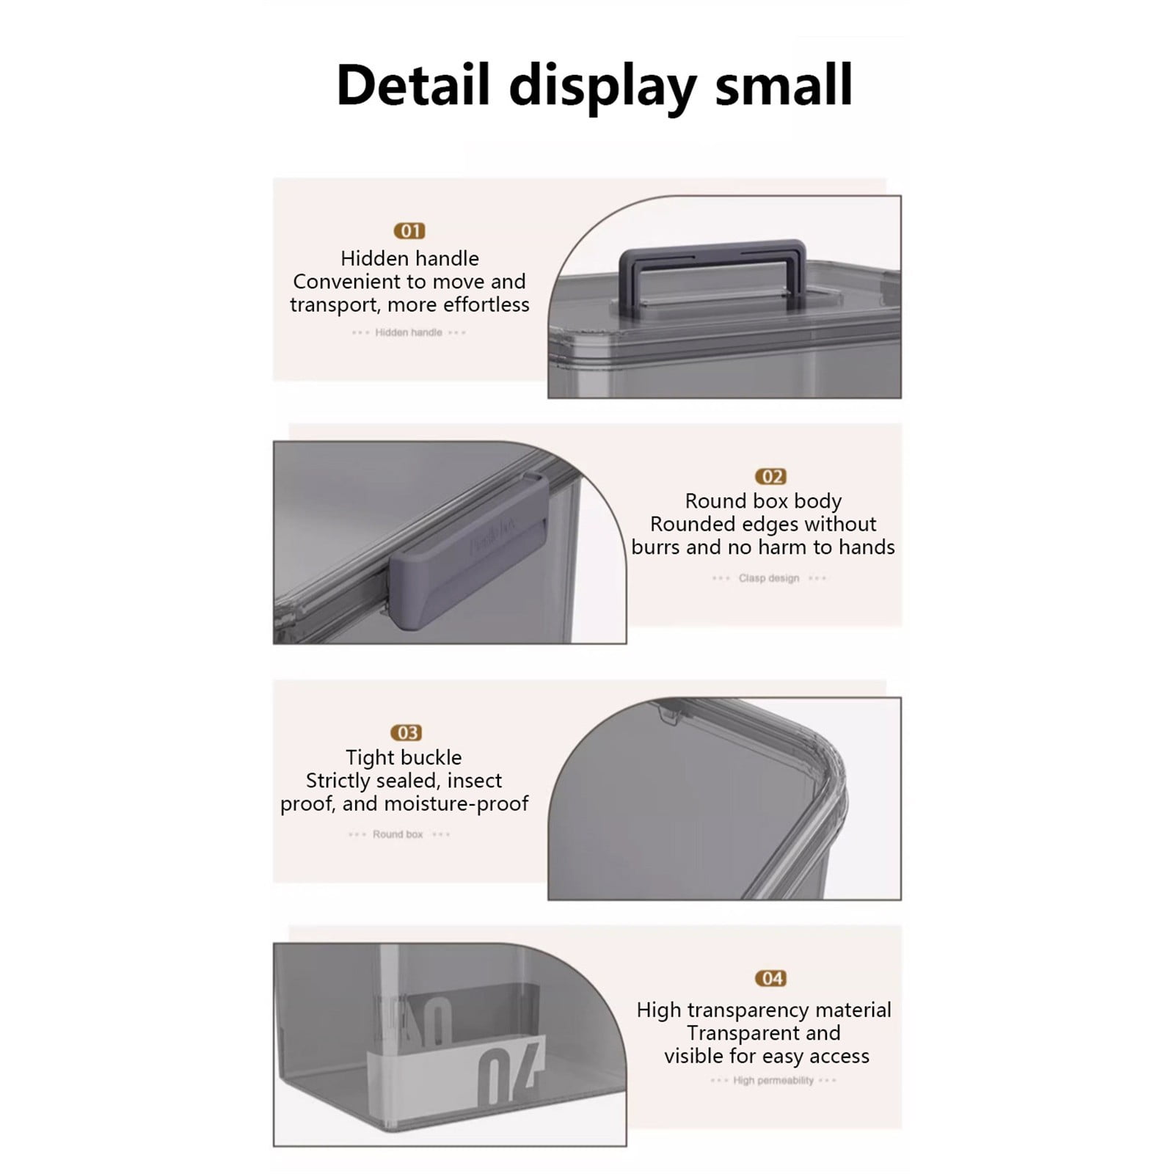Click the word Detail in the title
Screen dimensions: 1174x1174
pyautogui.click(x=412, y=85)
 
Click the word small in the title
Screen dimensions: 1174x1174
pyautogui.click(x=784, y=85)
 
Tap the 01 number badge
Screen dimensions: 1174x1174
pyautogui.click(x=409, y=231)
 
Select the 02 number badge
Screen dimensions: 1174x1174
pyautogui.click(x=770, y=477)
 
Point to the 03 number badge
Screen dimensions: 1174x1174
pyautogui.click(x=406, y=733)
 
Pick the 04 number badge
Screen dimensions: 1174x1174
pyautogui.click(x=770, y=978)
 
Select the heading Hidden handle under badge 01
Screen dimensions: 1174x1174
pyautogui.click(x=409, y=258)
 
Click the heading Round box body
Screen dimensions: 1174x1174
pyautogui.click(x=763, y=501)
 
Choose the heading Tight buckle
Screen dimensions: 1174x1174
pyautogui.click(x=404, y=757)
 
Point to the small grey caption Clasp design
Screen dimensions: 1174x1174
pyautogui.click(x=769, y=578)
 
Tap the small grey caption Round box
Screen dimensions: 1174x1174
pyautogui.click(x=398, y=834)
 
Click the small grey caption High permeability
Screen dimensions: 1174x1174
pyautogui.click(x=773, y=1080)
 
